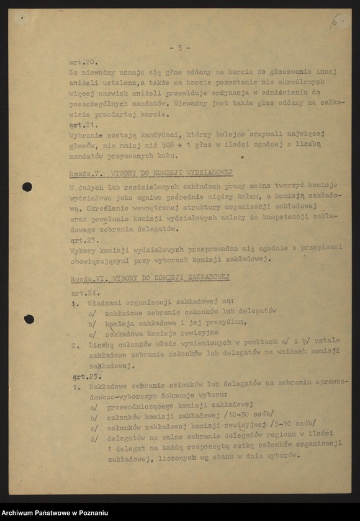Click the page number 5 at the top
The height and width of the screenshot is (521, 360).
(x=179, y=47)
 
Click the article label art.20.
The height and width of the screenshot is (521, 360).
(x=83, y=62)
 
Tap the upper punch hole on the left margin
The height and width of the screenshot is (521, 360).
(x=27, y=187)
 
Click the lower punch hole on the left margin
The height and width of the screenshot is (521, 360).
(x=29, y=319)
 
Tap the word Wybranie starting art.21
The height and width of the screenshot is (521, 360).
(x=87, y=134)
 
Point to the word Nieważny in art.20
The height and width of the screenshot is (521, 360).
(x=194, y=104)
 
